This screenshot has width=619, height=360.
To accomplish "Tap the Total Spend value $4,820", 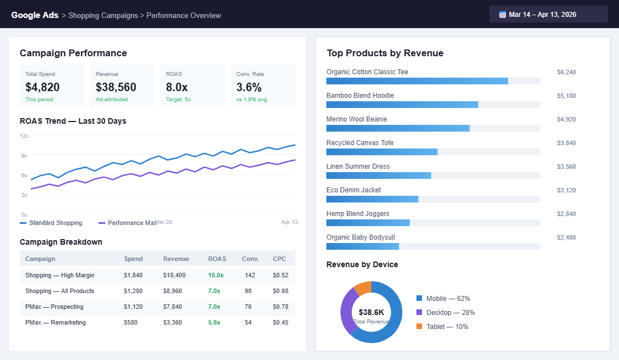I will [43, 87].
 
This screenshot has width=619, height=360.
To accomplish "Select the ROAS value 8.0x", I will [177, 87].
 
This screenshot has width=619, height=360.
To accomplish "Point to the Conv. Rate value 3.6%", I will [249, 87].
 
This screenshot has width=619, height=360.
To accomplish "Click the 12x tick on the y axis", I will [24, 136].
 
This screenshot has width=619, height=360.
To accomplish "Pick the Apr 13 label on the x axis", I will [289, 222].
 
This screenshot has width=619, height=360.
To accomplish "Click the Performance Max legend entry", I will [128, 223].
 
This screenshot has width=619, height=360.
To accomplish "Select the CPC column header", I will [279, 259].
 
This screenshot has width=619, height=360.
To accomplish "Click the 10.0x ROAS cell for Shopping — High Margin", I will [216, 275].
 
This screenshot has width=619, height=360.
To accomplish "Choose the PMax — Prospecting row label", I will [54, 307].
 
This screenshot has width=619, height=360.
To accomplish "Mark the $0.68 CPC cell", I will [280, 291].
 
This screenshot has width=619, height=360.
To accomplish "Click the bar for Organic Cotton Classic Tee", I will [417, 81].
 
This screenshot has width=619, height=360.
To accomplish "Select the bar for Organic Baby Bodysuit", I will [362, 246].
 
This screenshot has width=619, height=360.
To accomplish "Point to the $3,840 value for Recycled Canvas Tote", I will [566, 143].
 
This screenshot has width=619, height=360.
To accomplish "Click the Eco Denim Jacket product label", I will [353, 190].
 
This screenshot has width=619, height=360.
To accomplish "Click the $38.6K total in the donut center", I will [371, 312].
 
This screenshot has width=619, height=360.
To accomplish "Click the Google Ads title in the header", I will [35, 15].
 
